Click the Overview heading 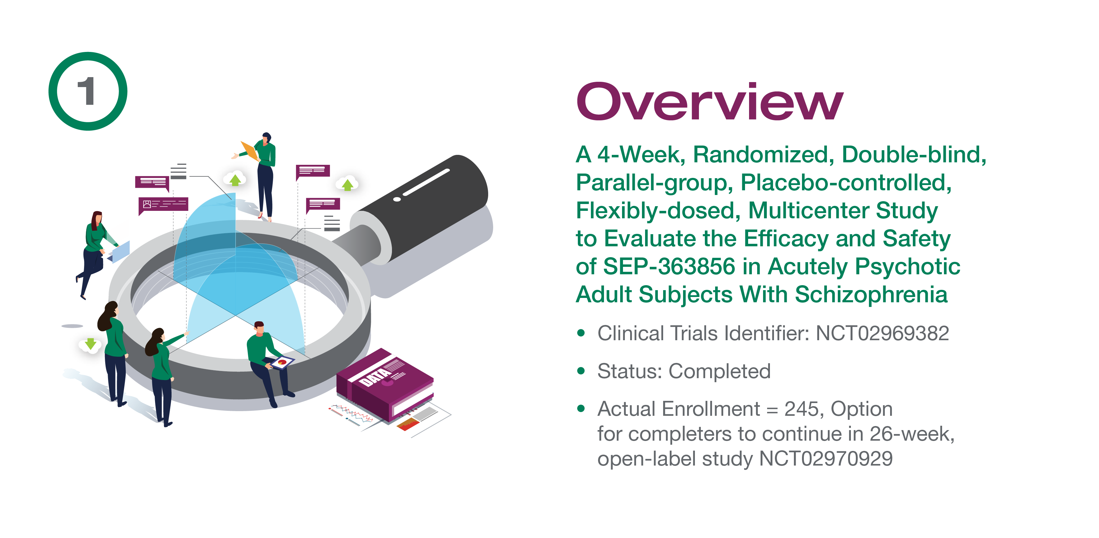710,102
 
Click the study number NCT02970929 826,459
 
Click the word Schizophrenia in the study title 871,294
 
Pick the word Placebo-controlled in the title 846,183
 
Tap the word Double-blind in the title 914,154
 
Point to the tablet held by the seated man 281,362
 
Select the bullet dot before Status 581,371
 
